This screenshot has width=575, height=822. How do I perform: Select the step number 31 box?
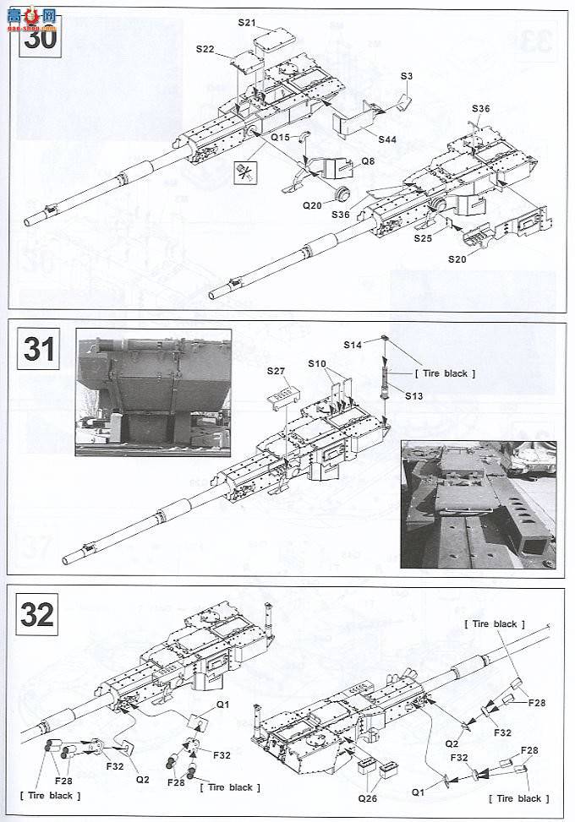(39, 349)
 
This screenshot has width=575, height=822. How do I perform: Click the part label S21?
(246, 23)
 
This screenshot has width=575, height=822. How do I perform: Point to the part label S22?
(205, 50)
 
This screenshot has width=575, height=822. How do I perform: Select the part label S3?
(407, 77)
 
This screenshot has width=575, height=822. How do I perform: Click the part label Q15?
(280, 137)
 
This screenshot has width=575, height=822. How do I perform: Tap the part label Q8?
(367, 161)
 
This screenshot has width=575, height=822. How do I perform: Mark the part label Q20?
(313, 204)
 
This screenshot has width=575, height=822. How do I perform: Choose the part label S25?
(424, 238)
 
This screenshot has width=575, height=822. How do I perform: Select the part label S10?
(316, 363)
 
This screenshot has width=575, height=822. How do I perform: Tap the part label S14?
(353, 345)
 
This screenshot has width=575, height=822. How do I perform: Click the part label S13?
(415, 395)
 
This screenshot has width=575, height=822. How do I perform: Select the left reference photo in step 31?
(153, 392)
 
